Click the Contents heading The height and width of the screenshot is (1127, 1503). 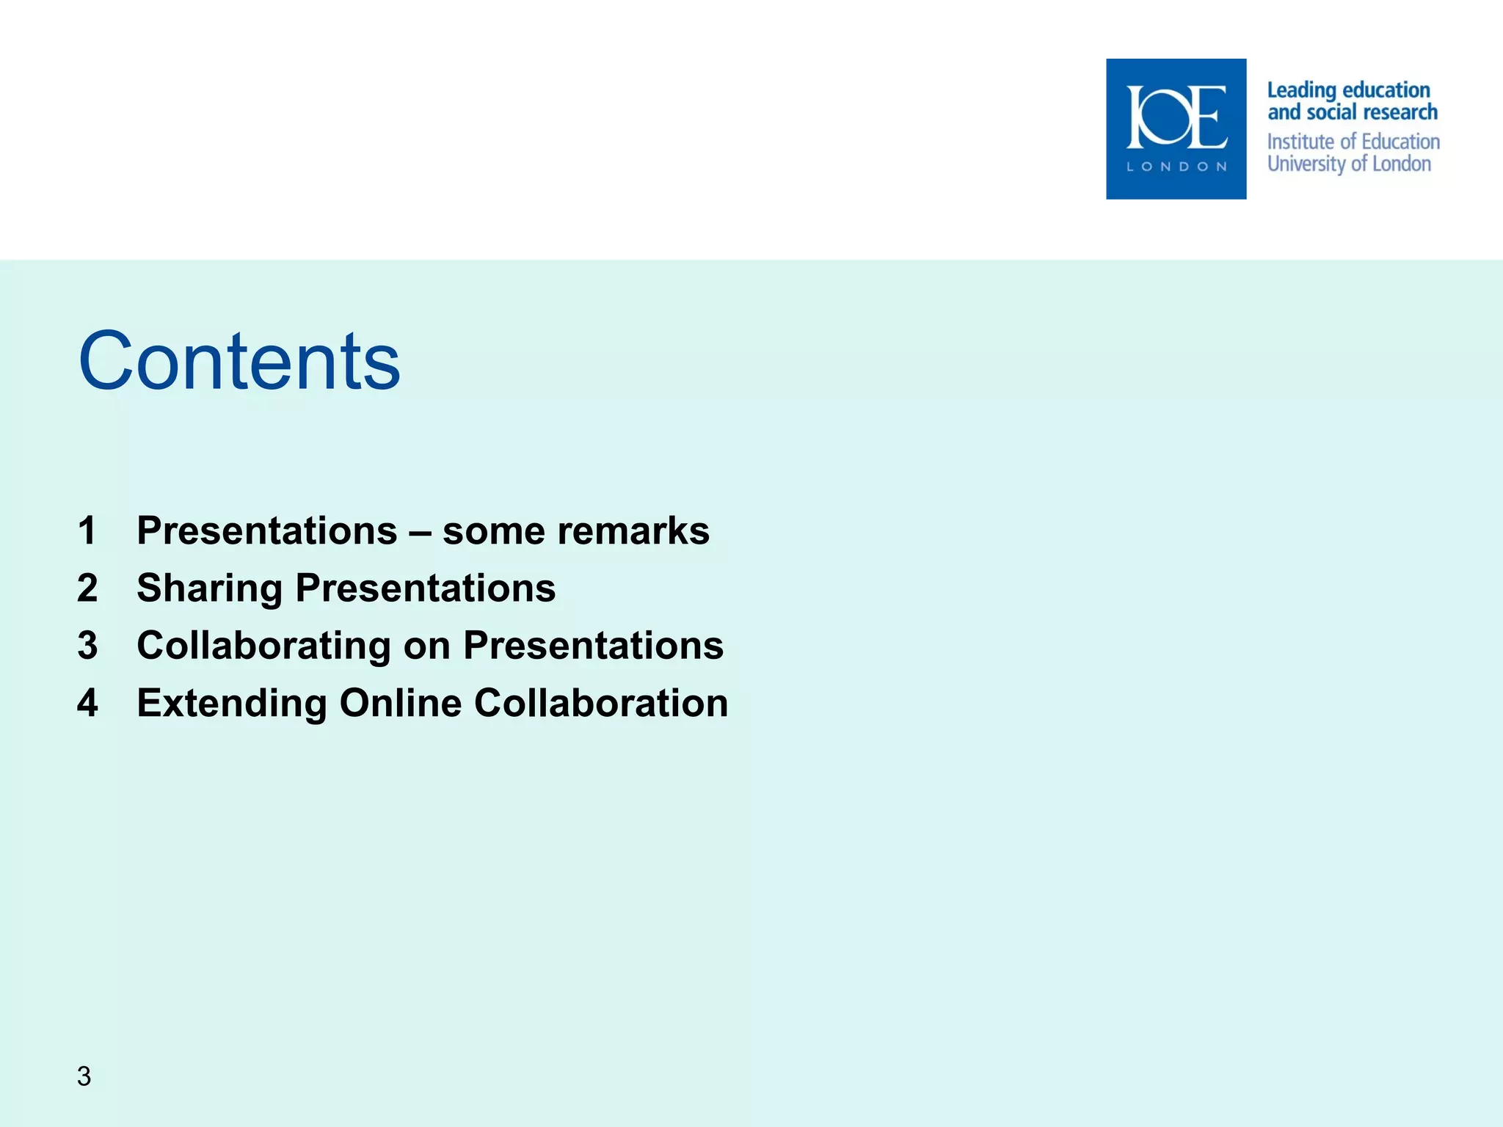239,361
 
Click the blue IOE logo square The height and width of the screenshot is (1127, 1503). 1176,128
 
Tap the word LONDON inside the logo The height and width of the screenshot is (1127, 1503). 1176,167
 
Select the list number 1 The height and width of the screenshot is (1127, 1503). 87,530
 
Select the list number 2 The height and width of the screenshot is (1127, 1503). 87,588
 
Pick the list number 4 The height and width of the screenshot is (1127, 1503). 87,703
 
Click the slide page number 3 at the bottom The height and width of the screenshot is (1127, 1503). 84,1076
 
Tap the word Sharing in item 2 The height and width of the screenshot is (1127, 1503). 210,588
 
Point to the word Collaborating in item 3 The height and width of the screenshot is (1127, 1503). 263,646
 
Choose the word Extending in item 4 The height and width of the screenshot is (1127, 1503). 232,703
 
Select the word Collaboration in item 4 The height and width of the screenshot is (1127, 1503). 601,703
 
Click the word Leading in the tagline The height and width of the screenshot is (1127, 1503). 1301,90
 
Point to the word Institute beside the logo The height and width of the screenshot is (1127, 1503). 1301,142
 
